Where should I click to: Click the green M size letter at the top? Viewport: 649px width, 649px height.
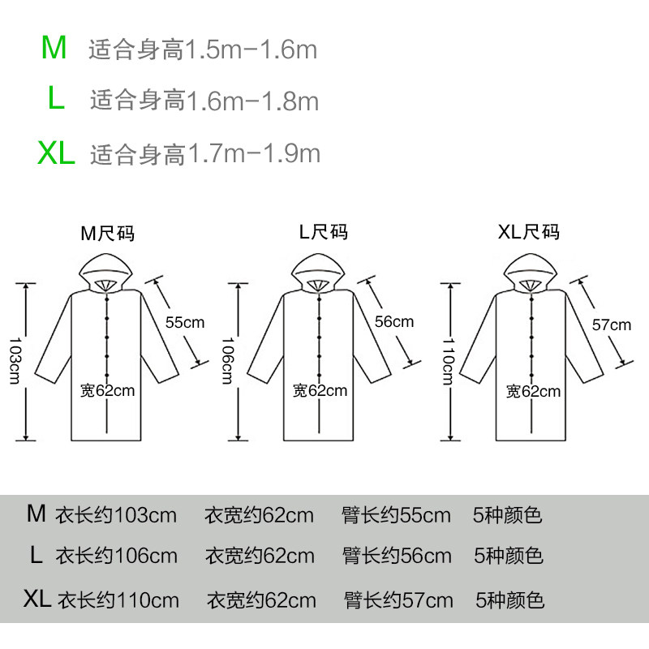click(x=54, y=49)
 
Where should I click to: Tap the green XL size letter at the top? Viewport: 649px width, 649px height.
click(x=55, y=153)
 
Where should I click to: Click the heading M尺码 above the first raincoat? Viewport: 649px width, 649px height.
click(x=107, y=234)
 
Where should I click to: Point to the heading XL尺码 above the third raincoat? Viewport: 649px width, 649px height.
click(x=528, y=234)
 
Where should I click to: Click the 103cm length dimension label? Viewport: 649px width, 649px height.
click(x=15, y=361)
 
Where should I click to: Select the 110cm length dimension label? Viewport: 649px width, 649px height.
click(x=447, y=361)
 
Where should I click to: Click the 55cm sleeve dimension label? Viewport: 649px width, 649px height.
click(x=185, y=322)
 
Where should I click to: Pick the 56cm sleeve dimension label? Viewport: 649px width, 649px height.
click(x=394, y=322)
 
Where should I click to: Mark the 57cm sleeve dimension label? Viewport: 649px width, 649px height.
click(x=611, y=325)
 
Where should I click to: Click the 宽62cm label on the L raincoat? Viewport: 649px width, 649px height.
click(x=320, y=391)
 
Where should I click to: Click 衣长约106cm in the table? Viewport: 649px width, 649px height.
click(x=116, y=557)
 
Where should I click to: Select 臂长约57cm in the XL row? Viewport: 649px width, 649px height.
click(x=398, y=601)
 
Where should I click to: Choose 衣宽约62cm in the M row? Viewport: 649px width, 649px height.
click(x=259, y=515)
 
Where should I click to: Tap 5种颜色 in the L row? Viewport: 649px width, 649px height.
click(x=509, y=557)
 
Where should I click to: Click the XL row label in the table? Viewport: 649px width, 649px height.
click(x=37, y=600)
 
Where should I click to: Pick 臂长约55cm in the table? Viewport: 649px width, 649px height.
click(x=397, y=515)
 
